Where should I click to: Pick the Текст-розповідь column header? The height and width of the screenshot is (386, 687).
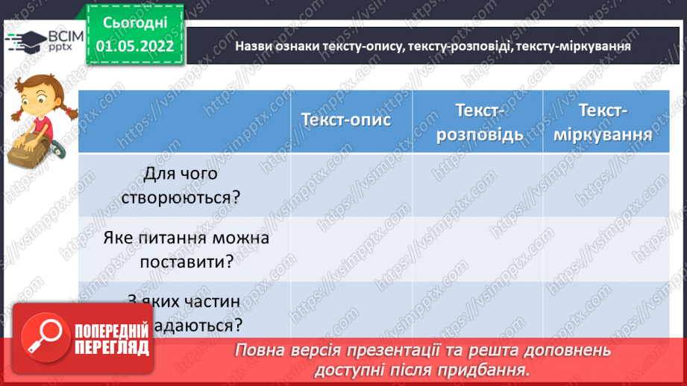click(477, 121)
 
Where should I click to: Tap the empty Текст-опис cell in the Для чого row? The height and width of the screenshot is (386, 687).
click(351, 185)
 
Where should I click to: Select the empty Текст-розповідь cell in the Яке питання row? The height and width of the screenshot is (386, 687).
click(477, 249)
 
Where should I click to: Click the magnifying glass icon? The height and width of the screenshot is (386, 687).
click(47, 339)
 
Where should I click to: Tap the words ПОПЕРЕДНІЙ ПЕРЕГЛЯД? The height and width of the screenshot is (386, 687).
click(112, 340)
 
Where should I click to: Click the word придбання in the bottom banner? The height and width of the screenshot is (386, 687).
click(493, 369)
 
